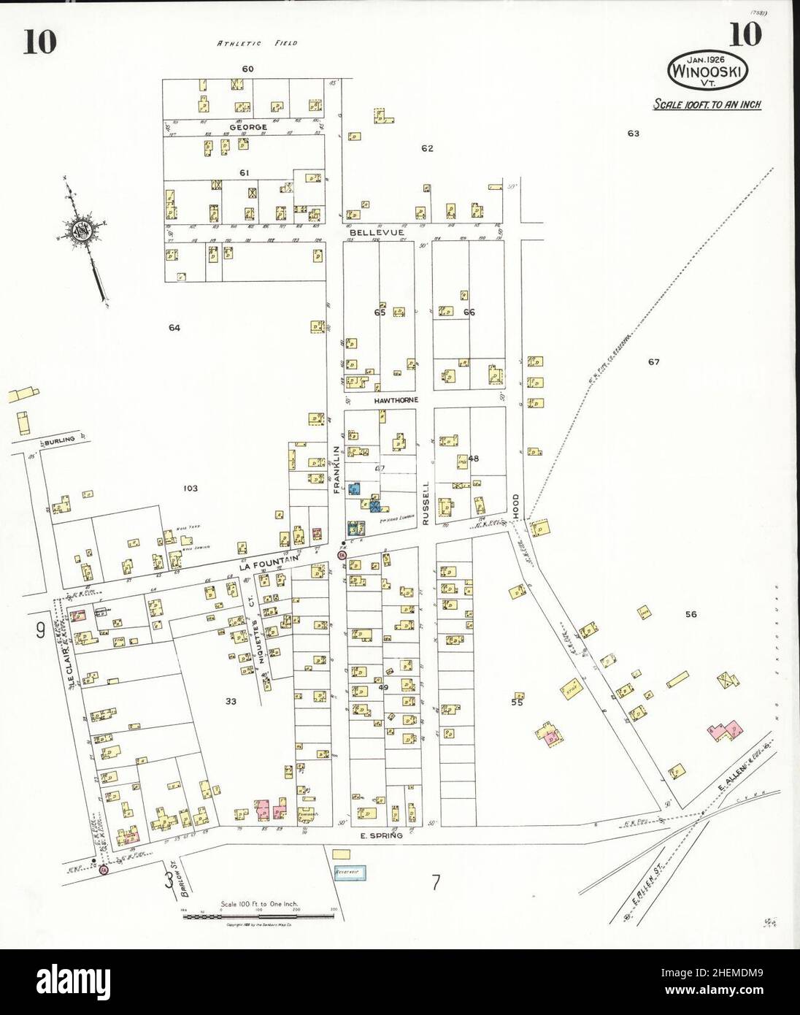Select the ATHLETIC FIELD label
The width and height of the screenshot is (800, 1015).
point(257,43)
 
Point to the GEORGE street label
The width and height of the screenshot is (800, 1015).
point(248,127)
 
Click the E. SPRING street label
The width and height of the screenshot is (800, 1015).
point(382,834)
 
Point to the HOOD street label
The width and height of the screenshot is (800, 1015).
point(515,508)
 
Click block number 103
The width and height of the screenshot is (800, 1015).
point(190,488)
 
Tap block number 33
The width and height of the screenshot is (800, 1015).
point(231,701)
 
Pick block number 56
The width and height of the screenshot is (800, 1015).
point(691,614)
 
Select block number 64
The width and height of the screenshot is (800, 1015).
point(174,328)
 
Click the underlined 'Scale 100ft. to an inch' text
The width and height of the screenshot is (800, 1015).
point(707,104)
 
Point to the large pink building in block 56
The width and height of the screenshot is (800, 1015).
point(724,731)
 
